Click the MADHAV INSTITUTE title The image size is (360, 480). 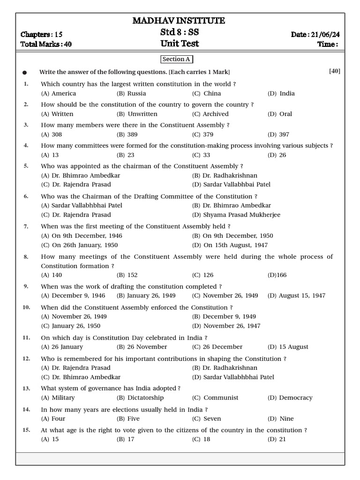[x=179, y=21]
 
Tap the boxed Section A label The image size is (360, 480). [x=176, y=59]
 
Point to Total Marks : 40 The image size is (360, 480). [x=46, y=44]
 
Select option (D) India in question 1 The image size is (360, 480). [x=281, y=93]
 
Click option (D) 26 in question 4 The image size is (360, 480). [x=277, y=155]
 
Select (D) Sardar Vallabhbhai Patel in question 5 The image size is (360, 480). [x=231, y=184]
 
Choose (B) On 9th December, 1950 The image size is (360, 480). [x=232, y=236]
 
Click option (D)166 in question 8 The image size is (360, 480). [x=277, y=275]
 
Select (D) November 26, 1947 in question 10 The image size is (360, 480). [x=226, y=326]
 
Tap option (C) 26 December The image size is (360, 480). [x=217, y=347]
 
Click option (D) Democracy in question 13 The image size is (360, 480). [x=291, y=397]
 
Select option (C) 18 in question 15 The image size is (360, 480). [x=201, y=439]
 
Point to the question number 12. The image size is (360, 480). [x=26, y=359]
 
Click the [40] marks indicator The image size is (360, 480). [x=335, y=71]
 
